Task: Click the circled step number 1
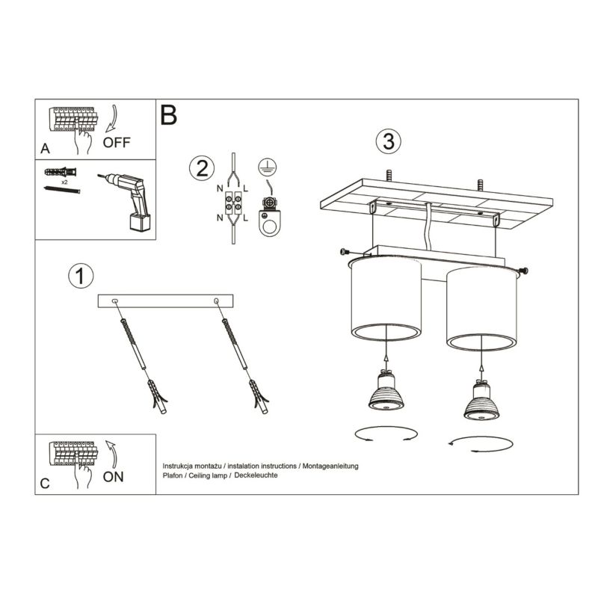click(x=81, y=276)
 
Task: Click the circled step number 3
click(x=387, y=142)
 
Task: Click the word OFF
click(x=117, y=144)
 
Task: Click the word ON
click(x=114, y=477)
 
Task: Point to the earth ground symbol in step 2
click(x=265, y=168)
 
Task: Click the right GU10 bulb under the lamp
click(x=481, y=398)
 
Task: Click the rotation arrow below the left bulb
click(x=385, y=434)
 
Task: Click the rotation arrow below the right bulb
click(x=481, y=443)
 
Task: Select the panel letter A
click(x=45, y=149)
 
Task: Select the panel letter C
click(x=45, y=484)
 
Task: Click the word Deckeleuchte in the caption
click(x=258, y=475)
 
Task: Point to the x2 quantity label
click(x=66, y=182)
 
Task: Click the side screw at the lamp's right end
click(x=523, y=269)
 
